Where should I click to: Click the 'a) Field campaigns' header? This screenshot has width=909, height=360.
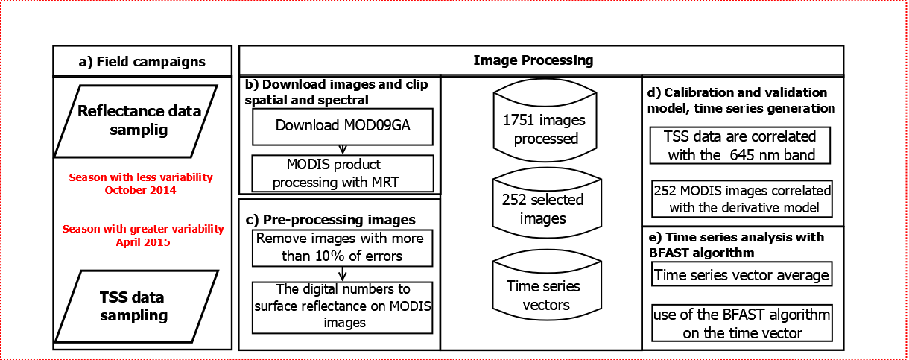coord(142,61)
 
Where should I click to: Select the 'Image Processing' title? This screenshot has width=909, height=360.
coord(533,60)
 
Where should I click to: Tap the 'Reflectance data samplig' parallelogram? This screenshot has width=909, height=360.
coord(140,119)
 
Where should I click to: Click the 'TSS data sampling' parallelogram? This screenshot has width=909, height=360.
coord(134,306)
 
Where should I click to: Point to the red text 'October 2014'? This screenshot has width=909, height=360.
coord(140,190)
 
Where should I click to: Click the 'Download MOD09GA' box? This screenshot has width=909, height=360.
coord(343,126)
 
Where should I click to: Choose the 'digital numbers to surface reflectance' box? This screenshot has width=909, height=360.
coord(343,306)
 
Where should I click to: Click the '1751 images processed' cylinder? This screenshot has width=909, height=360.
coord(544,127)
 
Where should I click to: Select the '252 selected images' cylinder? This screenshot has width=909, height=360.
coord(544,209)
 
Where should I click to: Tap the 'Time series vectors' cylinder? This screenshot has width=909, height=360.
coord(544,295)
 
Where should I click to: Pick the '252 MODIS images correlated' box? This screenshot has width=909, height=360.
coord(741,198)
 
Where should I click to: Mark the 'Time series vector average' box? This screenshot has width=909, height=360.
coord(741,275)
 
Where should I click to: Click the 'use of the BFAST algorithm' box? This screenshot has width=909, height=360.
coord(741,323)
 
